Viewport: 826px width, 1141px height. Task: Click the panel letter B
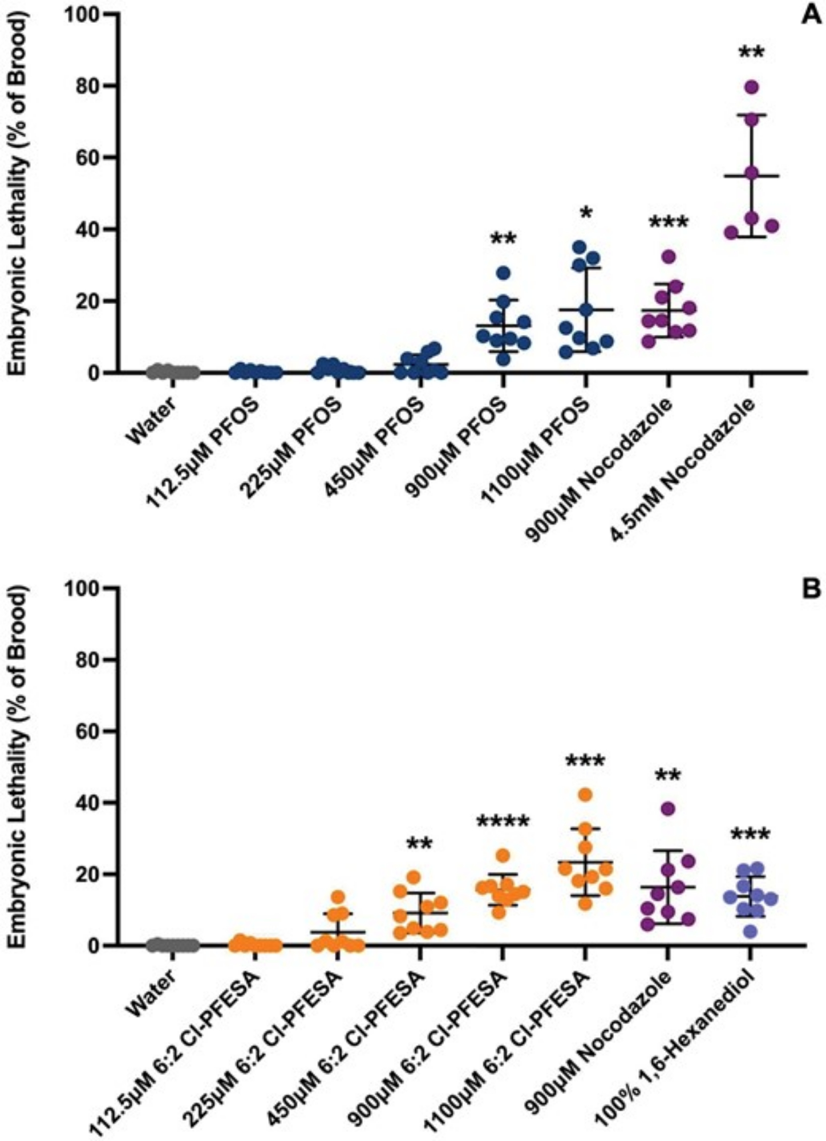[810, 589]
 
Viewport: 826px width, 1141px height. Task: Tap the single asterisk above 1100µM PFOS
[586, 213]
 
